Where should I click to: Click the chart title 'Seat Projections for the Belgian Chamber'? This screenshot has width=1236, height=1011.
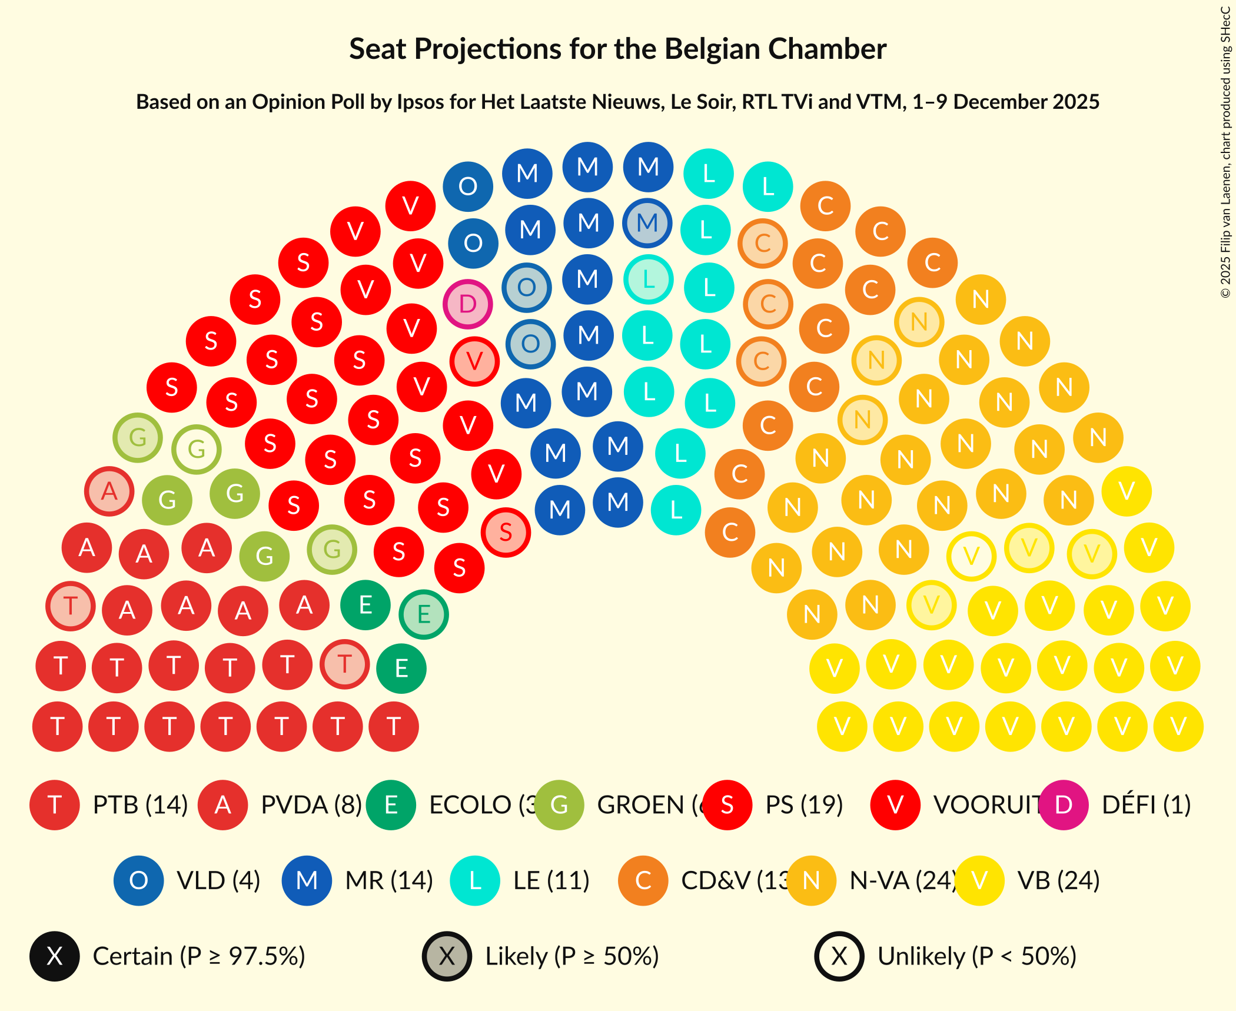617,49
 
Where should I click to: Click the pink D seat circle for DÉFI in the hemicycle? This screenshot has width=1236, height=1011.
468,304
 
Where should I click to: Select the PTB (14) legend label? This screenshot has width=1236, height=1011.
140,805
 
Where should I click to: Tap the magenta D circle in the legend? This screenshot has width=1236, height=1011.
1064,805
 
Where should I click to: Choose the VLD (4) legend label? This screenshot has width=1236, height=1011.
218,881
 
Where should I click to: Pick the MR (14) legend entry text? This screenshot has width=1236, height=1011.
389,881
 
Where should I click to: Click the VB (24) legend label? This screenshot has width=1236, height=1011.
1058,881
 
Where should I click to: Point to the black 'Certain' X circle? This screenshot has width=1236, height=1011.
55,957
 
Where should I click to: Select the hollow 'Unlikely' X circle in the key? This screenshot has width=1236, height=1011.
839,957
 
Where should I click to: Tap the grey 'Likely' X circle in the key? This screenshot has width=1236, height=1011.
447,957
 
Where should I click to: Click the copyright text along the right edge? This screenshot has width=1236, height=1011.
1225,153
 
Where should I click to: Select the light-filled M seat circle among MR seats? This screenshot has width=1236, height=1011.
647,223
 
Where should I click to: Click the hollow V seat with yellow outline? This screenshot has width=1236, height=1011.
971,556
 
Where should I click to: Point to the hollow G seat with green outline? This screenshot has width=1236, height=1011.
197,450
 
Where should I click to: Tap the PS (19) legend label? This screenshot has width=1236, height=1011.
804,805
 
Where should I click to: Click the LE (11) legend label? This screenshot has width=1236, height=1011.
551,881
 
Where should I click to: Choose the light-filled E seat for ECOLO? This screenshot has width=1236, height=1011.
424,614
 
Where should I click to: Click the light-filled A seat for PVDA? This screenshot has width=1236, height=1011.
109,491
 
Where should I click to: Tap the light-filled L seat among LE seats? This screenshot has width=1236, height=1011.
649,280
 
